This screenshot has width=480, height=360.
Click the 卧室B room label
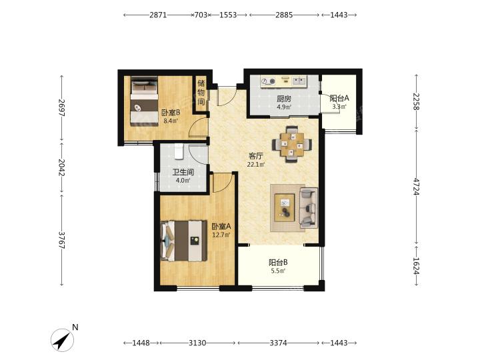171,113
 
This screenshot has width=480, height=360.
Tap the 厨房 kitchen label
284,99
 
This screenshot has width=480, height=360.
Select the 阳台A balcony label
339,98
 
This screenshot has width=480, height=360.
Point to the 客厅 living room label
255,156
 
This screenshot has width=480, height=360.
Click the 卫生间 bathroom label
183,172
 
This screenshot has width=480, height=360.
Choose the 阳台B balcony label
278,263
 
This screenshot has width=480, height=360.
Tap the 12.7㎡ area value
221,235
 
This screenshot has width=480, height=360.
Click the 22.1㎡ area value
256,165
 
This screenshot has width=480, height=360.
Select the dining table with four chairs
292,144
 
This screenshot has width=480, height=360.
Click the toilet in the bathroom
179,151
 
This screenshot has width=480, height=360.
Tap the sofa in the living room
309,208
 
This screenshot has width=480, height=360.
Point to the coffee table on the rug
285,207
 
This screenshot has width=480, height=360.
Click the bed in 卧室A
184,241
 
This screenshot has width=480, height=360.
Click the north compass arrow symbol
63,340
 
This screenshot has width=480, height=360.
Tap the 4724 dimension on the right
416,185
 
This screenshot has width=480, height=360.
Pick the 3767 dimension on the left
62,240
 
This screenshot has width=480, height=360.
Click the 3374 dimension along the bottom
278,343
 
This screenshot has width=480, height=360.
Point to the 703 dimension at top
201,15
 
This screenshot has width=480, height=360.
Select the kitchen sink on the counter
299,81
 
